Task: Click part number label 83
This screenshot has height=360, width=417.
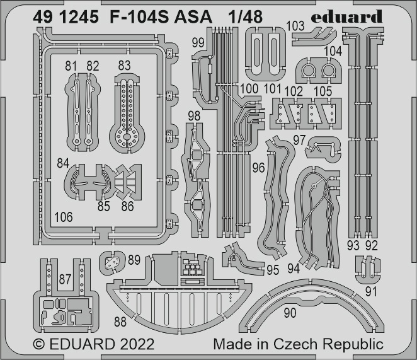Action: click(124, 65)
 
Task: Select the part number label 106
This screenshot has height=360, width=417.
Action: click(63, 217)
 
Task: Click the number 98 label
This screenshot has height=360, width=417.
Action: click(194, 115)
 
